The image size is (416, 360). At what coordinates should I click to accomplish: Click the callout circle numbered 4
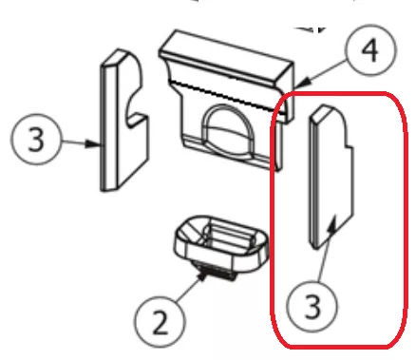tap(370, 49)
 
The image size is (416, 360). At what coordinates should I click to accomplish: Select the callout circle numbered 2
tap(160, 321)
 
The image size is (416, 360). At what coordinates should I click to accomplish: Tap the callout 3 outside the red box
tap(35, 139)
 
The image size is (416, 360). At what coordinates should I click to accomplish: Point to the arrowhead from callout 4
tap(301, 84)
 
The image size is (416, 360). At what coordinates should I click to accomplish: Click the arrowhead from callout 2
tap(201, 277)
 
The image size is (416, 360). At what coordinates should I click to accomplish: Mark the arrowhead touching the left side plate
tap(93, 144)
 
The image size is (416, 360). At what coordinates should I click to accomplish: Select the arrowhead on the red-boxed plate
tap(331, 224)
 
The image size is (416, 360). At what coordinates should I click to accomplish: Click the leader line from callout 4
tap(323, 71)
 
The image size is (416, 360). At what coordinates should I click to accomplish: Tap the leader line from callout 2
tap(188, 290)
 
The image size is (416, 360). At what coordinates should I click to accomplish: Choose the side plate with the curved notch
tap(124, 121)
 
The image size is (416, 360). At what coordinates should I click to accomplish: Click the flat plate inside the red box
tap(331, 177)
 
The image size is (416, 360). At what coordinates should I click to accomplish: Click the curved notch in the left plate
tap(136, 106)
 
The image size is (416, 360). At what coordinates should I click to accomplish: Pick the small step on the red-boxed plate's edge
tap(348, 146)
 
